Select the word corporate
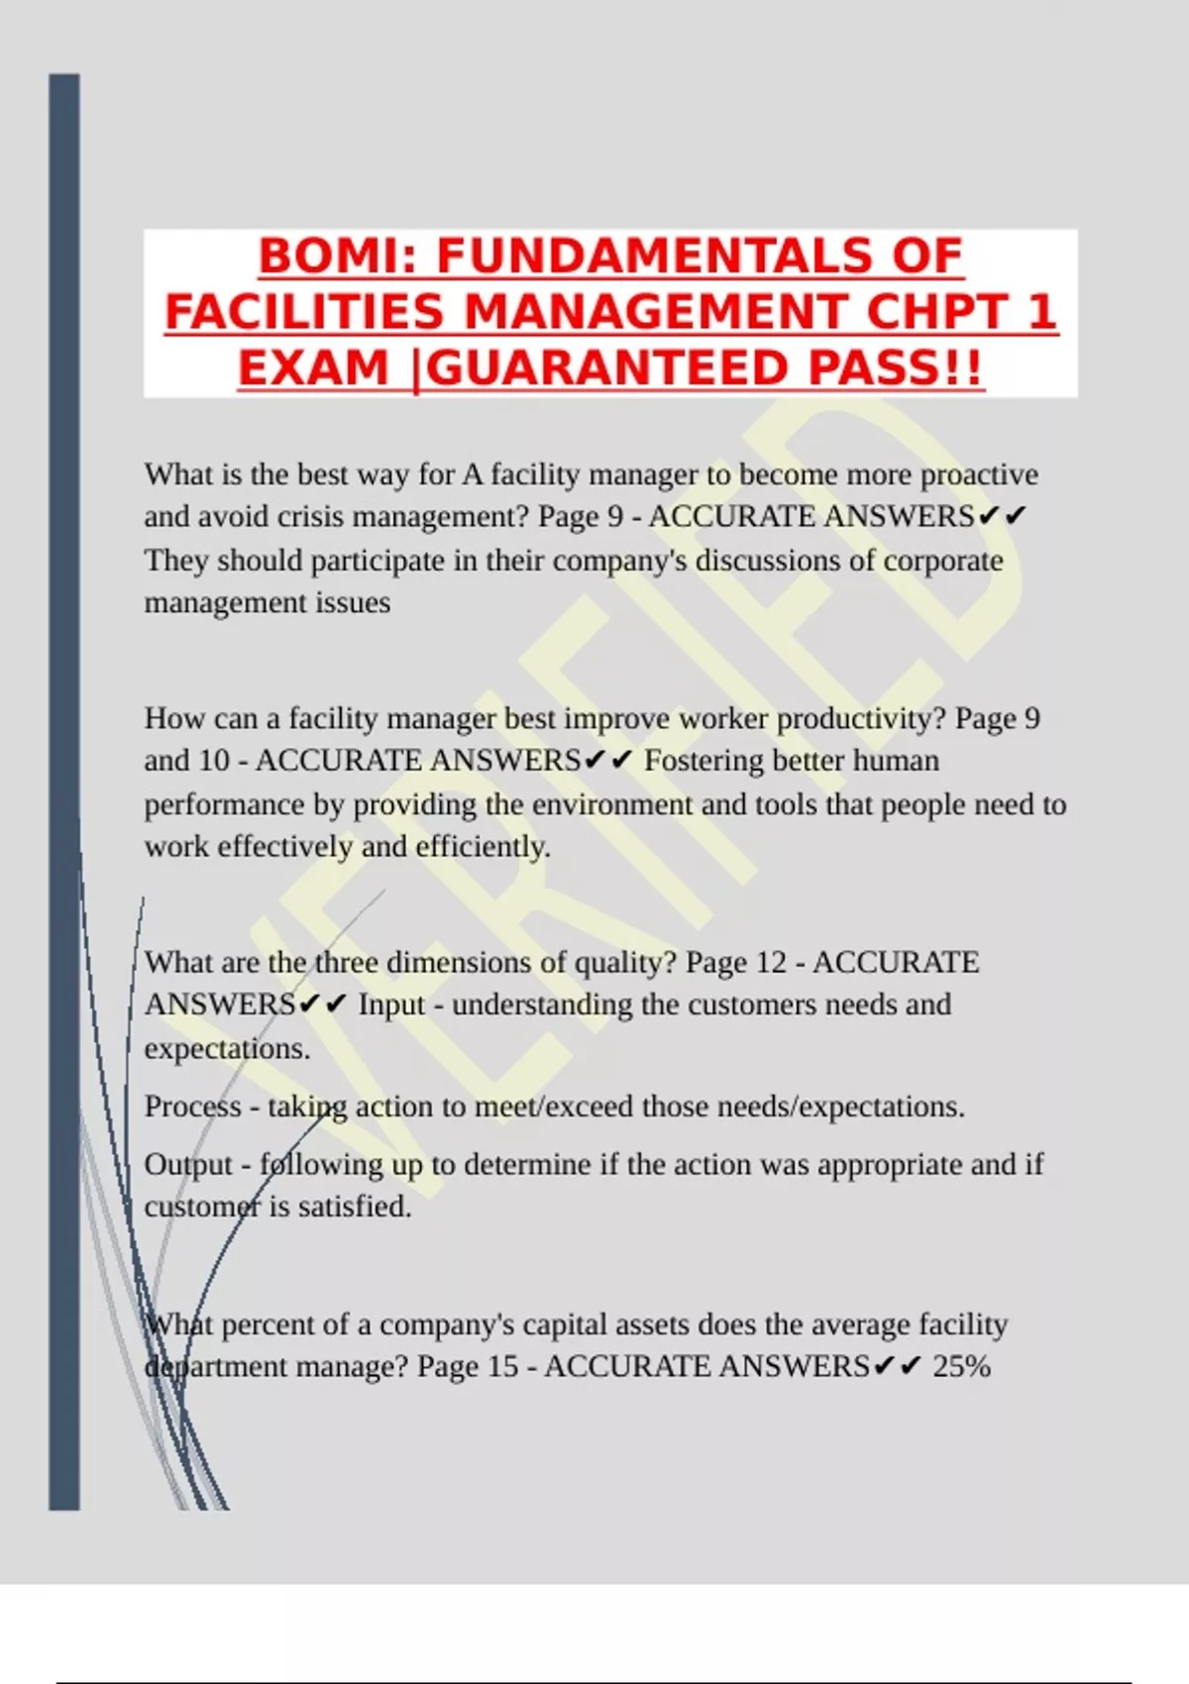click(942, 561)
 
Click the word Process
click(192, 1106)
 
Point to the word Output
click(188, 1165)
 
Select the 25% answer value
click(961, 1367)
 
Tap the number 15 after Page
click(503, 1367)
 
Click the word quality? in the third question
click(623, 962)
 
